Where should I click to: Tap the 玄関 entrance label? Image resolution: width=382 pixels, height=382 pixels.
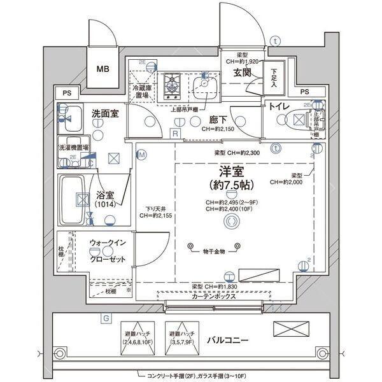click(x=242, y=74)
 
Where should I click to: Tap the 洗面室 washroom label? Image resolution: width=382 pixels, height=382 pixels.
click(x=104, y=113)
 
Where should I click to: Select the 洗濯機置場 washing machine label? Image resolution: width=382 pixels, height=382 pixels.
click(x=74, y=147)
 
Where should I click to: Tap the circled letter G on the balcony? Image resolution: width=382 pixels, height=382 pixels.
click(x=105, y=318)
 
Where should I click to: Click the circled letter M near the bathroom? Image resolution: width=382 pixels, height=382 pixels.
click(x=142, y=155)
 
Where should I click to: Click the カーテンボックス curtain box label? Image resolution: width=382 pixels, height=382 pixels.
click(x=214, y=297)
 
